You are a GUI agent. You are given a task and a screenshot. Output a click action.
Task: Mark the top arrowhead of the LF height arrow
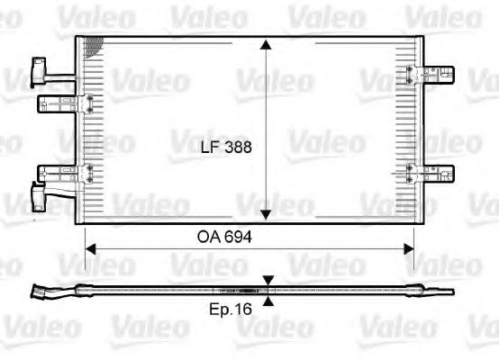(x=267, y=44)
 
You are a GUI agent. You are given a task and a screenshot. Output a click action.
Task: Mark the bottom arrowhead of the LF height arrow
(x=267, y=214)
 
